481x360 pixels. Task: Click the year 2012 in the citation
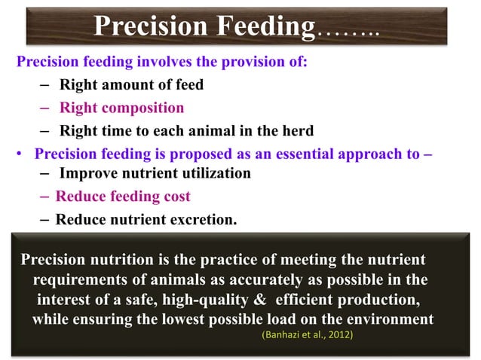[x=337, y=334]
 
